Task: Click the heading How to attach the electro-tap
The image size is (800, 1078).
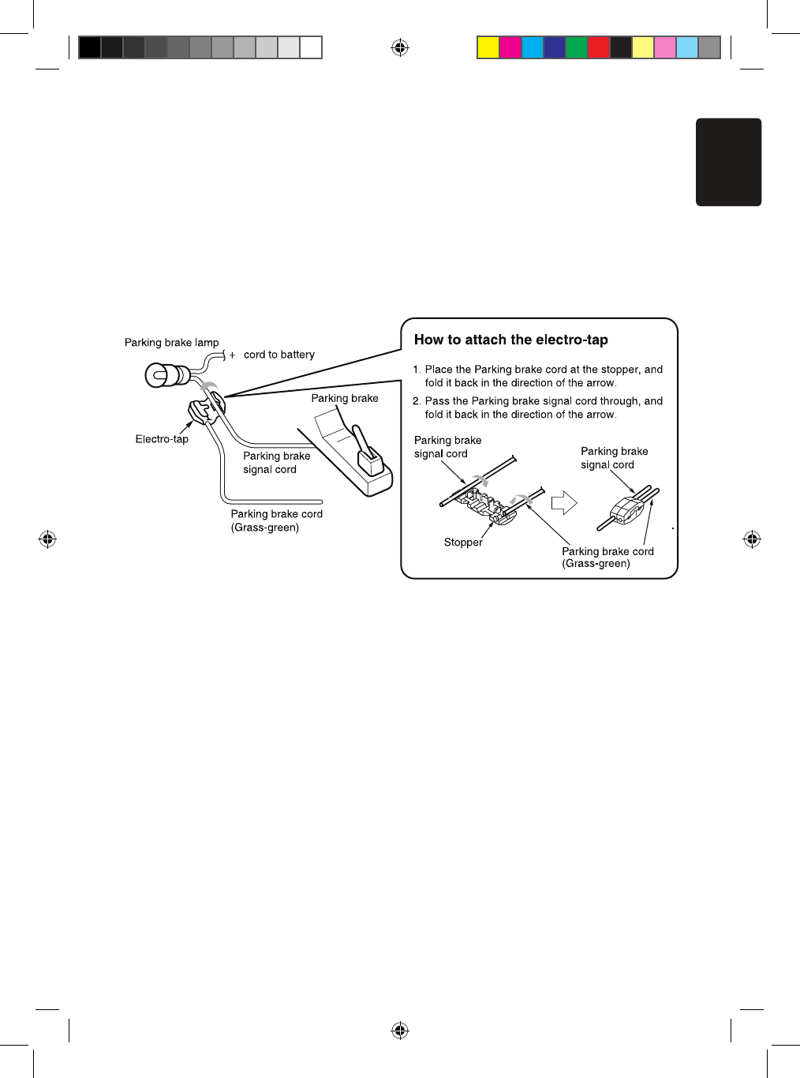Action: pos(510,340)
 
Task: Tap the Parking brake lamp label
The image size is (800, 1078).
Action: pos(171,343)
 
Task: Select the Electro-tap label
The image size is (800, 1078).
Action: pos(162,439)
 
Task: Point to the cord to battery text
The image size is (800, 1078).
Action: pos(279,355)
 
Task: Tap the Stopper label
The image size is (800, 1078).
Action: pos(463,543)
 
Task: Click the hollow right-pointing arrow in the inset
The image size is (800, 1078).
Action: pos(563,502)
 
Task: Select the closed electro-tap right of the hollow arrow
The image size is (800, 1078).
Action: pos(627,509)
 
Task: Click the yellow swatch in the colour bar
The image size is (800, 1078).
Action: pos(488,47)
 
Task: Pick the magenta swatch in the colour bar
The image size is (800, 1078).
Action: pos(510,47)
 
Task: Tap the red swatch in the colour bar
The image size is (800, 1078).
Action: pos(599,47)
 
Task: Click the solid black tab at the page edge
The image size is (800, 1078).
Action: pos(728,162)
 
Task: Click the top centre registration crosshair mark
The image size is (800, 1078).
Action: pos(400,48)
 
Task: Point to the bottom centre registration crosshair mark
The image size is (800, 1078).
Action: pos(400,1031)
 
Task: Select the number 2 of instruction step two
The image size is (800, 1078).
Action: pos(416,401)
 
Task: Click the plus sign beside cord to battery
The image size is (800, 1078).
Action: pos(232,355)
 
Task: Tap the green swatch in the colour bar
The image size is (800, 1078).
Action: pos(577,47)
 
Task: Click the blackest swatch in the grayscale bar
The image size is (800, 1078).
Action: pos(90,47)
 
